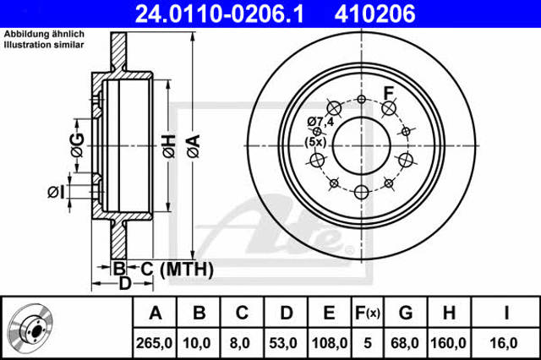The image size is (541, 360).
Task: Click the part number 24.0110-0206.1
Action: tap(220, 14)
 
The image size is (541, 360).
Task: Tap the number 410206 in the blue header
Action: tap(374, 14)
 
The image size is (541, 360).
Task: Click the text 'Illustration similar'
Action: tap(44, 45)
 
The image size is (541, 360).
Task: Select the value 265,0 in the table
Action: tap(154, 343)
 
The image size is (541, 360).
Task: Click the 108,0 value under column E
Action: tap(330, 343)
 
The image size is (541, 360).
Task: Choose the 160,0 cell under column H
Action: tap(448, 343)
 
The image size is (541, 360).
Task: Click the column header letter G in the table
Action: tap(406, 313)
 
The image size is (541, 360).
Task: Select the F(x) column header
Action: tap(368, 313)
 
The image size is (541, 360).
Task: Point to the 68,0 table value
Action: tap(405, 343)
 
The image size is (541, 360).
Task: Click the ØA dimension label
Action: tap(194, 146)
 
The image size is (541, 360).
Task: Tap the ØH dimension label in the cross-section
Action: tap(169, 146)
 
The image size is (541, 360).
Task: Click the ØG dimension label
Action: tap(77, 145)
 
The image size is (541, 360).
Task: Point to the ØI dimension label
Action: tap(56, 192)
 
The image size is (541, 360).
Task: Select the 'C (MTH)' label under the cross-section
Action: tap(177, 269)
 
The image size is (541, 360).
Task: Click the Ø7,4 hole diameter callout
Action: tap(320, 122)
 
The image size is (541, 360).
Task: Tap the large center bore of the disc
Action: tap(362, 145)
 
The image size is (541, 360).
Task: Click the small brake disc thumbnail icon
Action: tap(30, 327)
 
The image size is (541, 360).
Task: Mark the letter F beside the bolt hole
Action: tap(389, 93)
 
